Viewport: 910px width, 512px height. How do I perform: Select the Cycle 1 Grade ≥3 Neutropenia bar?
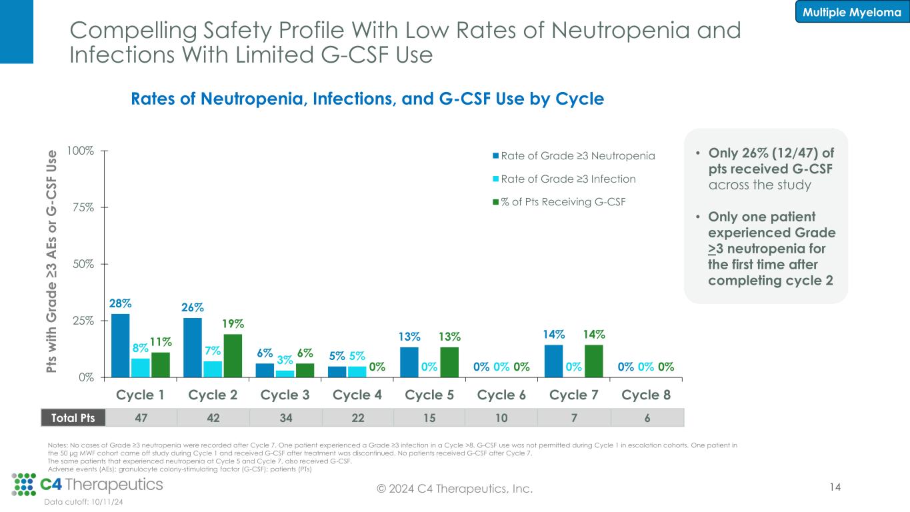click(x=121, y=345)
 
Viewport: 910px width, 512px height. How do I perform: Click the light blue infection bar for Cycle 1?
click(x=141, y=368)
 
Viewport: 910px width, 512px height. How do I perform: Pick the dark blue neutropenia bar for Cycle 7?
click(x=553, y=361)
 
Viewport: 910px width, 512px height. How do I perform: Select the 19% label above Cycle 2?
click(x=233, y=324)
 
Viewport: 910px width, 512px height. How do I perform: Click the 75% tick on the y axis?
click(x=83, y=207)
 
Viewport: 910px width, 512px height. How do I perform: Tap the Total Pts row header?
click(x=68, y=417)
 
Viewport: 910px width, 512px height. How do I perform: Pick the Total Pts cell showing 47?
click(x=141, y=417)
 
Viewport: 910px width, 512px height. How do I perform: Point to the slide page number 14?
click(x=835, y=488)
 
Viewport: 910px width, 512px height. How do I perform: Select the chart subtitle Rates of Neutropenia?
click(x=367, y=99)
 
